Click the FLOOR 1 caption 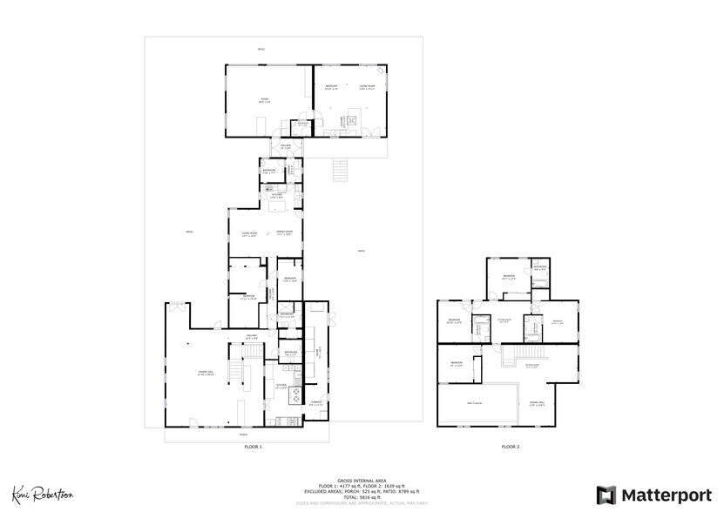coord(254,447)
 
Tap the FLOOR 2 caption coord(510,447)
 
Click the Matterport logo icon coord(606,494)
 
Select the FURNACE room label coord(316,402)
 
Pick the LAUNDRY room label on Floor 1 coord(318,354)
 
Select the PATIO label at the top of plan coord(261,49)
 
